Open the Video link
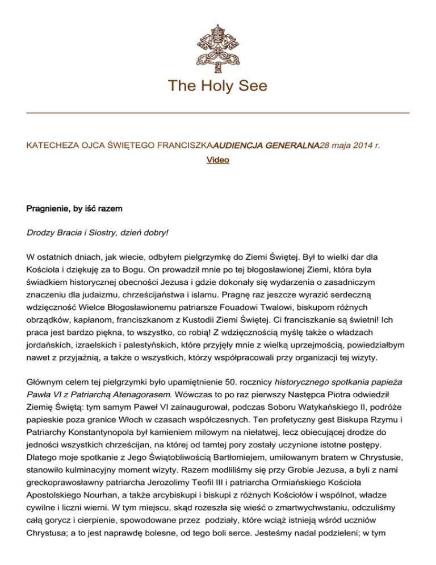[x=218, y=160]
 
